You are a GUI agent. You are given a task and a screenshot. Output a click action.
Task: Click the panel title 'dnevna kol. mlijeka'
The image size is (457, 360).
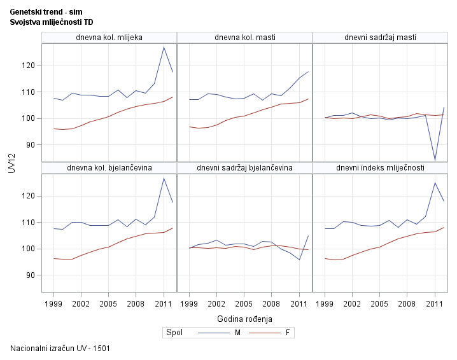(x=109, y=38)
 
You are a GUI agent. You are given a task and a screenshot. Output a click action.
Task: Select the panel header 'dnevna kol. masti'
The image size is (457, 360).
(x=244, y=38)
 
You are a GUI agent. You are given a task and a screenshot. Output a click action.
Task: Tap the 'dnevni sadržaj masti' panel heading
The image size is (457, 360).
(x=380, y=38)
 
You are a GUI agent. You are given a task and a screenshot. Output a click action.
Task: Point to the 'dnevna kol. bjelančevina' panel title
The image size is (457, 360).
(x=109, y=168)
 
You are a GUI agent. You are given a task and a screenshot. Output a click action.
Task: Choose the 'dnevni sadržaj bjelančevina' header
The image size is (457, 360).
(x=244, y=168)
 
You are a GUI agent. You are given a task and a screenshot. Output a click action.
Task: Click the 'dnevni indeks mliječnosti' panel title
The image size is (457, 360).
(x=380, y=168)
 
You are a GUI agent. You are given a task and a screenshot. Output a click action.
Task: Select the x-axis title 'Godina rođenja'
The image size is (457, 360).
(x=244, y=318)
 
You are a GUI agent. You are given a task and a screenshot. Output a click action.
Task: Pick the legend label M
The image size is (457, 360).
(x=237, y=333)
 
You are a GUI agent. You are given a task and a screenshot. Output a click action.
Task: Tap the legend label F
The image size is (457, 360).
(x=287, y=333)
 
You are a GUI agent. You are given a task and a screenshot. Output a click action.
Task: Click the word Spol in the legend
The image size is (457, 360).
(x=174, y=333)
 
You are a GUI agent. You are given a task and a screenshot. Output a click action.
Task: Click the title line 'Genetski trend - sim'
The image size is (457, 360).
(x=46, y=12)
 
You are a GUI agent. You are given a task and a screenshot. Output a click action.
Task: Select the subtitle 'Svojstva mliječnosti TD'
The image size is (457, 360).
(x=52, y=22)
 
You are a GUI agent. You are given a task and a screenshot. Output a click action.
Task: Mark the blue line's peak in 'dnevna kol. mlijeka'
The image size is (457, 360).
(x=164, y=47)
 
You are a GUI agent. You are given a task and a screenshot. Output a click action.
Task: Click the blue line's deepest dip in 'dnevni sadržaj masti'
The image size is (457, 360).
(x=435, y=159)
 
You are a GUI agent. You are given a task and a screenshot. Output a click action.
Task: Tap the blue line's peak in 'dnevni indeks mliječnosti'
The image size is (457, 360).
(x=435, y=183)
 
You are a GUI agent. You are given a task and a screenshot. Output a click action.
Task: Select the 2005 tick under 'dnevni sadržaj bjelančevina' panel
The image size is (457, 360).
(x=244, y=305)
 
